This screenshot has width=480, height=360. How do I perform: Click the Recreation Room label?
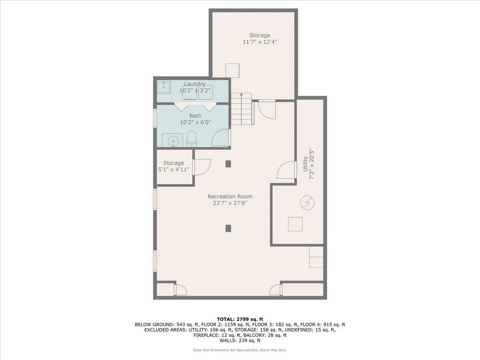[x=230, y=197]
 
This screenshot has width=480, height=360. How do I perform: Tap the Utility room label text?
[x=305, y=163]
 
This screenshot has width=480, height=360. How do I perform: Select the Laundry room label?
[x=195, y=84]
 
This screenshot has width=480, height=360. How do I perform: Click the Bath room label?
[x=195, y=116]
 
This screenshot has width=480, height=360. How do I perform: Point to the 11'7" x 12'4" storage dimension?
[x=260, y=42]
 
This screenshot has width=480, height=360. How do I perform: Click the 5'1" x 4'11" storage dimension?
[x=173, y=170]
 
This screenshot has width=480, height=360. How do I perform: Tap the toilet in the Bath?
[x=191, y=139]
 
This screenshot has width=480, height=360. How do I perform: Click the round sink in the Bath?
[x=172, y=141]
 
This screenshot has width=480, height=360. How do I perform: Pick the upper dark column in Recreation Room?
[x=228, y=164]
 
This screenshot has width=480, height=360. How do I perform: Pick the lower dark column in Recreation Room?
[x=228, y=228]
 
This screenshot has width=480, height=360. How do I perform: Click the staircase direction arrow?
[x=241, y=95]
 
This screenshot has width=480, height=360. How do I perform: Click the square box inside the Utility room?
[x=295, y=224]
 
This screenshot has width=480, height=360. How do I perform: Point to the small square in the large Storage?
[x=232, y=71]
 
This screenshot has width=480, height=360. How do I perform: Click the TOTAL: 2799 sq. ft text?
[x=240, y=318]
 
